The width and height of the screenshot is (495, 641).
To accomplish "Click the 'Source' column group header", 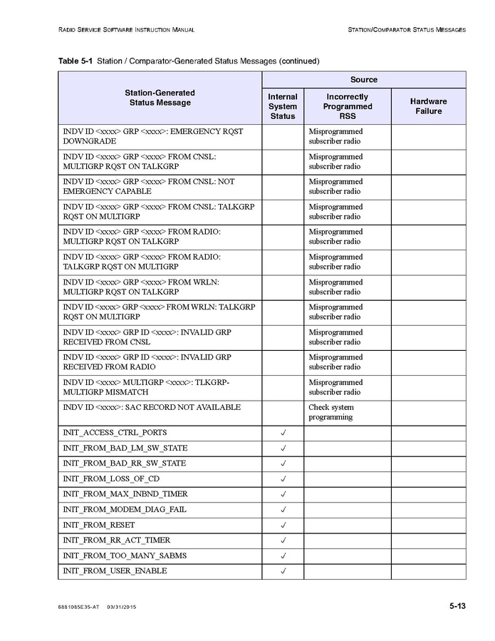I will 363,80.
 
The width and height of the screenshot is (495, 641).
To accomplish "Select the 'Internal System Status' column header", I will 283,106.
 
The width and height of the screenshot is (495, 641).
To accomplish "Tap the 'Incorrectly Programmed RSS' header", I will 348,106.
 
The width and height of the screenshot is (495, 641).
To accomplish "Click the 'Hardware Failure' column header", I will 429,106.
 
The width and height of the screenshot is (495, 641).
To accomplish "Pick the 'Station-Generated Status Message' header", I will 160,98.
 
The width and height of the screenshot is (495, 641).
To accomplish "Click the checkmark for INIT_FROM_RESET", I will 283,525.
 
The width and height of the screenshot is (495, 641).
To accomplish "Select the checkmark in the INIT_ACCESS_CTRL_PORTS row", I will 283,433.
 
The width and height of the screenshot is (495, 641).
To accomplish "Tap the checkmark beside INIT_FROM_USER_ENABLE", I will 283,571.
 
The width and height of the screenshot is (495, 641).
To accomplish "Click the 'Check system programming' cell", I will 331,412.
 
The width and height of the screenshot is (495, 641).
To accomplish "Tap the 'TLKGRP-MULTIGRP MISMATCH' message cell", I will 146,387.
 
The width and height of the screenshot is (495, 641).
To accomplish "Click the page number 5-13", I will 457,606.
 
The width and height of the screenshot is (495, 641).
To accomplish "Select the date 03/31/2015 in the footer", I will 122,607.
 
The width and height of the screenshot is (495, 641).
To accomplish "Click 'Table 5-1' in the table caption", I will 75,61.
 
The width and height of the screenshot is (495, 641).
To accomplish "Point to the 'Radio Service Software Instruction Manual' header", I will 126,30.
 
